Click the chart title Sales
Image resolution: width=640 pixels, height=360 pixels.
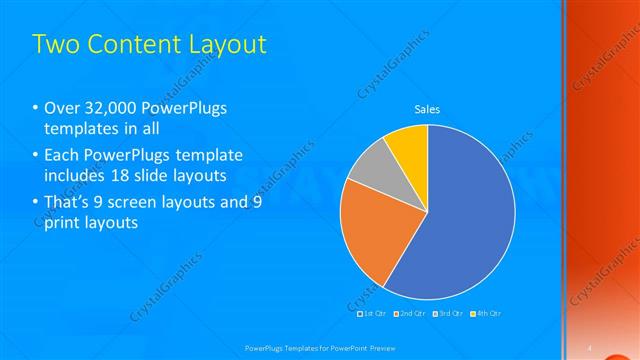pos(427,109)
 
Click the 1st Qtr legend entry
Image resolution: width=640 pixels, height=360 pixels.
pos(373,313)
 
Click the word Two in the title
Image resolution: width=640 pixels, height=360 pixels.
pos(54,44)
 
